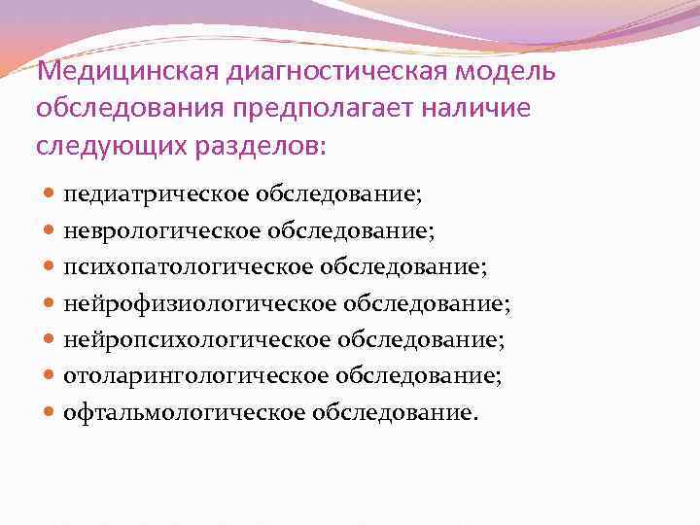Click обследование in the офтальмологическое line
(x=395, y=411)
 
